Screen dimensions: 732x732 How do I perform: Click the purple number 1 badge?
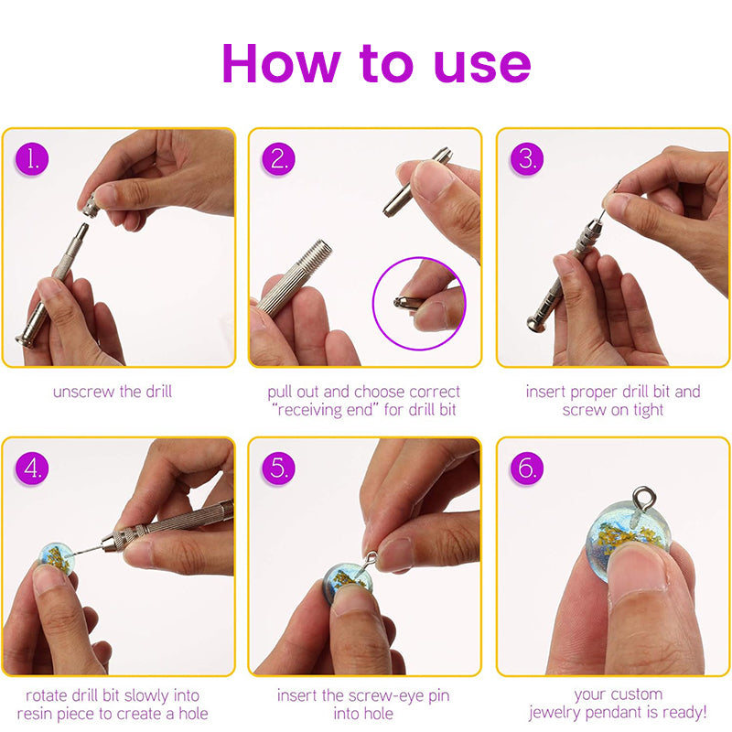tap(32, 158)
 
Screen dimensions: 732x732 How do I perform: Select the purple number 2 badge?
tap(279, 158)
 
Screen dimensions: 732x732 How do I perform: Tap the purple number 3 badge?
tap(527, 158)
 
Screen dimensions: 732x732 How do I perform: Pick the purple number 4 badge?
tap(32, 468)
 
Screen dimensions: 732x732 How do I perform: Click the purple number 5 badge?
tap(279, 468)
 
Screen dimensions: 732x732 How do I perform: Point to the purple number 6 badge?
tap(527, 468)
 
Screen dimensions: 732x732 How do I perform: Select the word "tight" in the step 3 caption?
tap(648, 410)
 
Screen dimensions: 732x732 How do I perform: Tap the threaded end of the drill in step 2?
tap(316, 254)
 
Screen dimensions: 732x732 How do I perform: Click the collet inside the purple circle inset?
tap(406, 302)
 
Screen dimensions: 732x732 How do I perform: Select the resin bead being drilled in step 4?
tap(56, 559)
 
